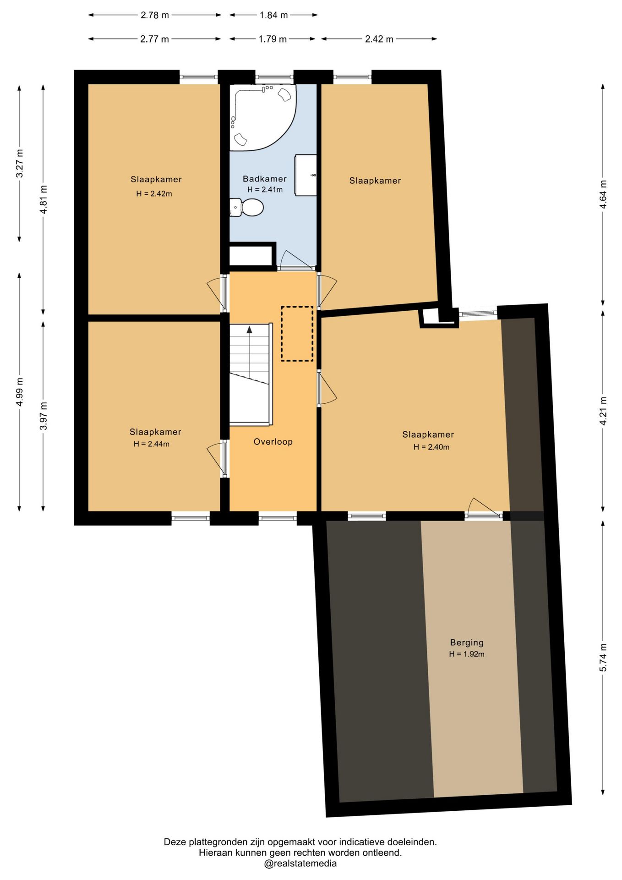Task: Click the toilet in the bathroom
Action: (x=246, y=208)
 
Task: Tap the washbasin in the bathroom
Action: (x=306, y=175)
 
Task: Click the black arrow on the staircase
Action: (x=249, y=329)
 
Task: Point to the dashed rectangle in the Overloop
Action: (x=297, y=334)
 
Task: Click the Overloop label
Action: (x=273, y=442)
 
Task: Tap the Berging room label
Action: (x=467, y=643)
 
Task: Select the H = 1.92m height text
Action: (x=467, y=654)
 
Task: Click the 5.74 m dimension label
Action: (x=603, y=657)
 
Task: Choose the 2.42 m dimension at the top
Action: (x=379, y=39)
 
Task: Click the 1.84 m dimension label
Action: (x=273, y=15)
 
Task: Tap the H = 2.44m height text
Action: (x=152, y=444)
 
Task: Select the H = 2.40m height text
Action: (x=431, y=447)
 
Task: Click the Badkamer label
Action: (x=265, y=179)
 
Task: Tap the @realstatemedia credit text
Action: (x=300, y=863)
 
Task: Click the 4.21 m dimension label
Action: (x=603, y=411)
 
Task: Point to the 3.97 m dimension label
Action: (x=44, y=416)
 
